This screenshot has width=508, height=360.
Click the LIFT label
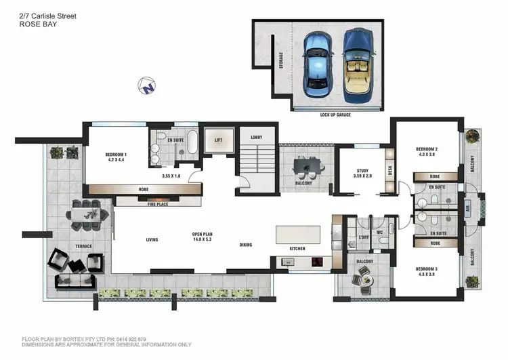218,140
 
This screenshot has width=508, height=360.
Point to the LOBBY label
256,138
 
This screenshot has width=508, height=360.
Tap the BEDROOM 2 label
427,152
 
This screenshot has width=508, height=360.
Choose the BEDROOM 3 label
427,271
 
